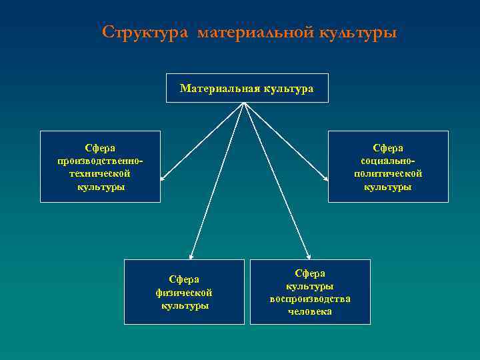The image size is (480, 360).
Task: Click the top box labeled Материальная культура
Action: [247, 88]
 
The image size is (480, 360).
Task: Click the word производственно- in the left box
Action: [100, 161]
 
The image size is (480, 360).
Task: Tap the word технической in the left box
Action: [100, 173]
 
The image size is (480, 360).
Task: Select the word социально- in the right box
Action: [388, 161]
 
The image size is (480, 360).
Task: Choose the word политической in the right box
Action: [388, 173]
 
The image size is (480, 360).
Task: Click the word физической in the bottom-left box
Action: [184, 292]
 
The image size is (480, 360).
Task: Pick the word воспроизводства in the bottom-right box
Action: [310, 299]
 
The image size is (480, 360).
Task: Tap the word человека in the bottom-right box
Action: [310, 311]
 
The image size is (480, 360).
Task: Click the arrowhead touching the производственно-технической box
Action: [163, 179]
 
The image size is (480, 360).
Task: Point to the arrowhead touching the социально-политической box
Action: [325, 179]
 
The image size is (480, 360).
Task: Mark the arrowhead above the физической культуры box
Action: [191, 256]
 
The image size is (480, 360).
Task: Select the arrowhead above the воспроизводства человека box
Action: [309, 256]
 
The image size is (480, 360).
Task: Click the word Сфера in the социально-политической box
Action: [388, 147]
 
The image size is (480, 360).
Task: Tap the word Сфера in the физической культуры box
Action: [184, 279]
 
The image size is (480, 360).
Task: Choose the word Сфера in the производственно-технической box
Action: [100, 147]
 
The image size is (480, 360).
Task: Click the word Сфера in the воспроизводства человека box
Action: [310, 273]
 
